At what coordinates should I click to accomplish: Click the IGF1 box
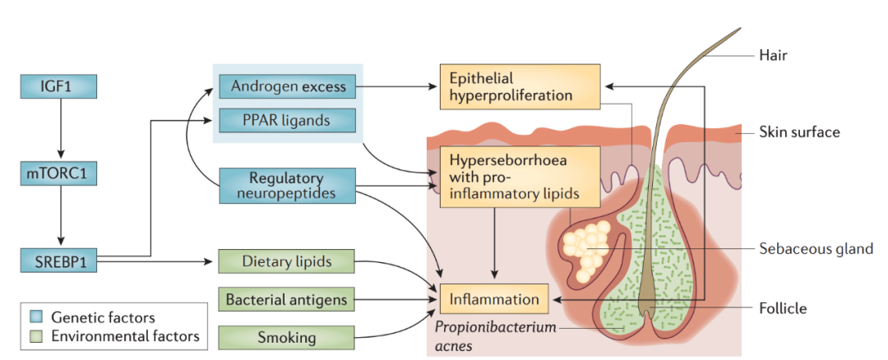click(58, 85)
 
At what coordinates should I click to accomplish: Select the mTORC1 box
click(58, 173)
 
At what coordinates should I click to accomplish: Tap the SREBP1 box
click(58, 261)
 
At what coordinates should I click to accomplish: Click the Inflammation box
click(494, 299)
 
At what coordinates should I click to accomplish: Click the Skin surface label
click(799, 132)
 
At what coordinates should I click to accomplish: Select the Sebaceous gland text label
click(816, 248)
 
